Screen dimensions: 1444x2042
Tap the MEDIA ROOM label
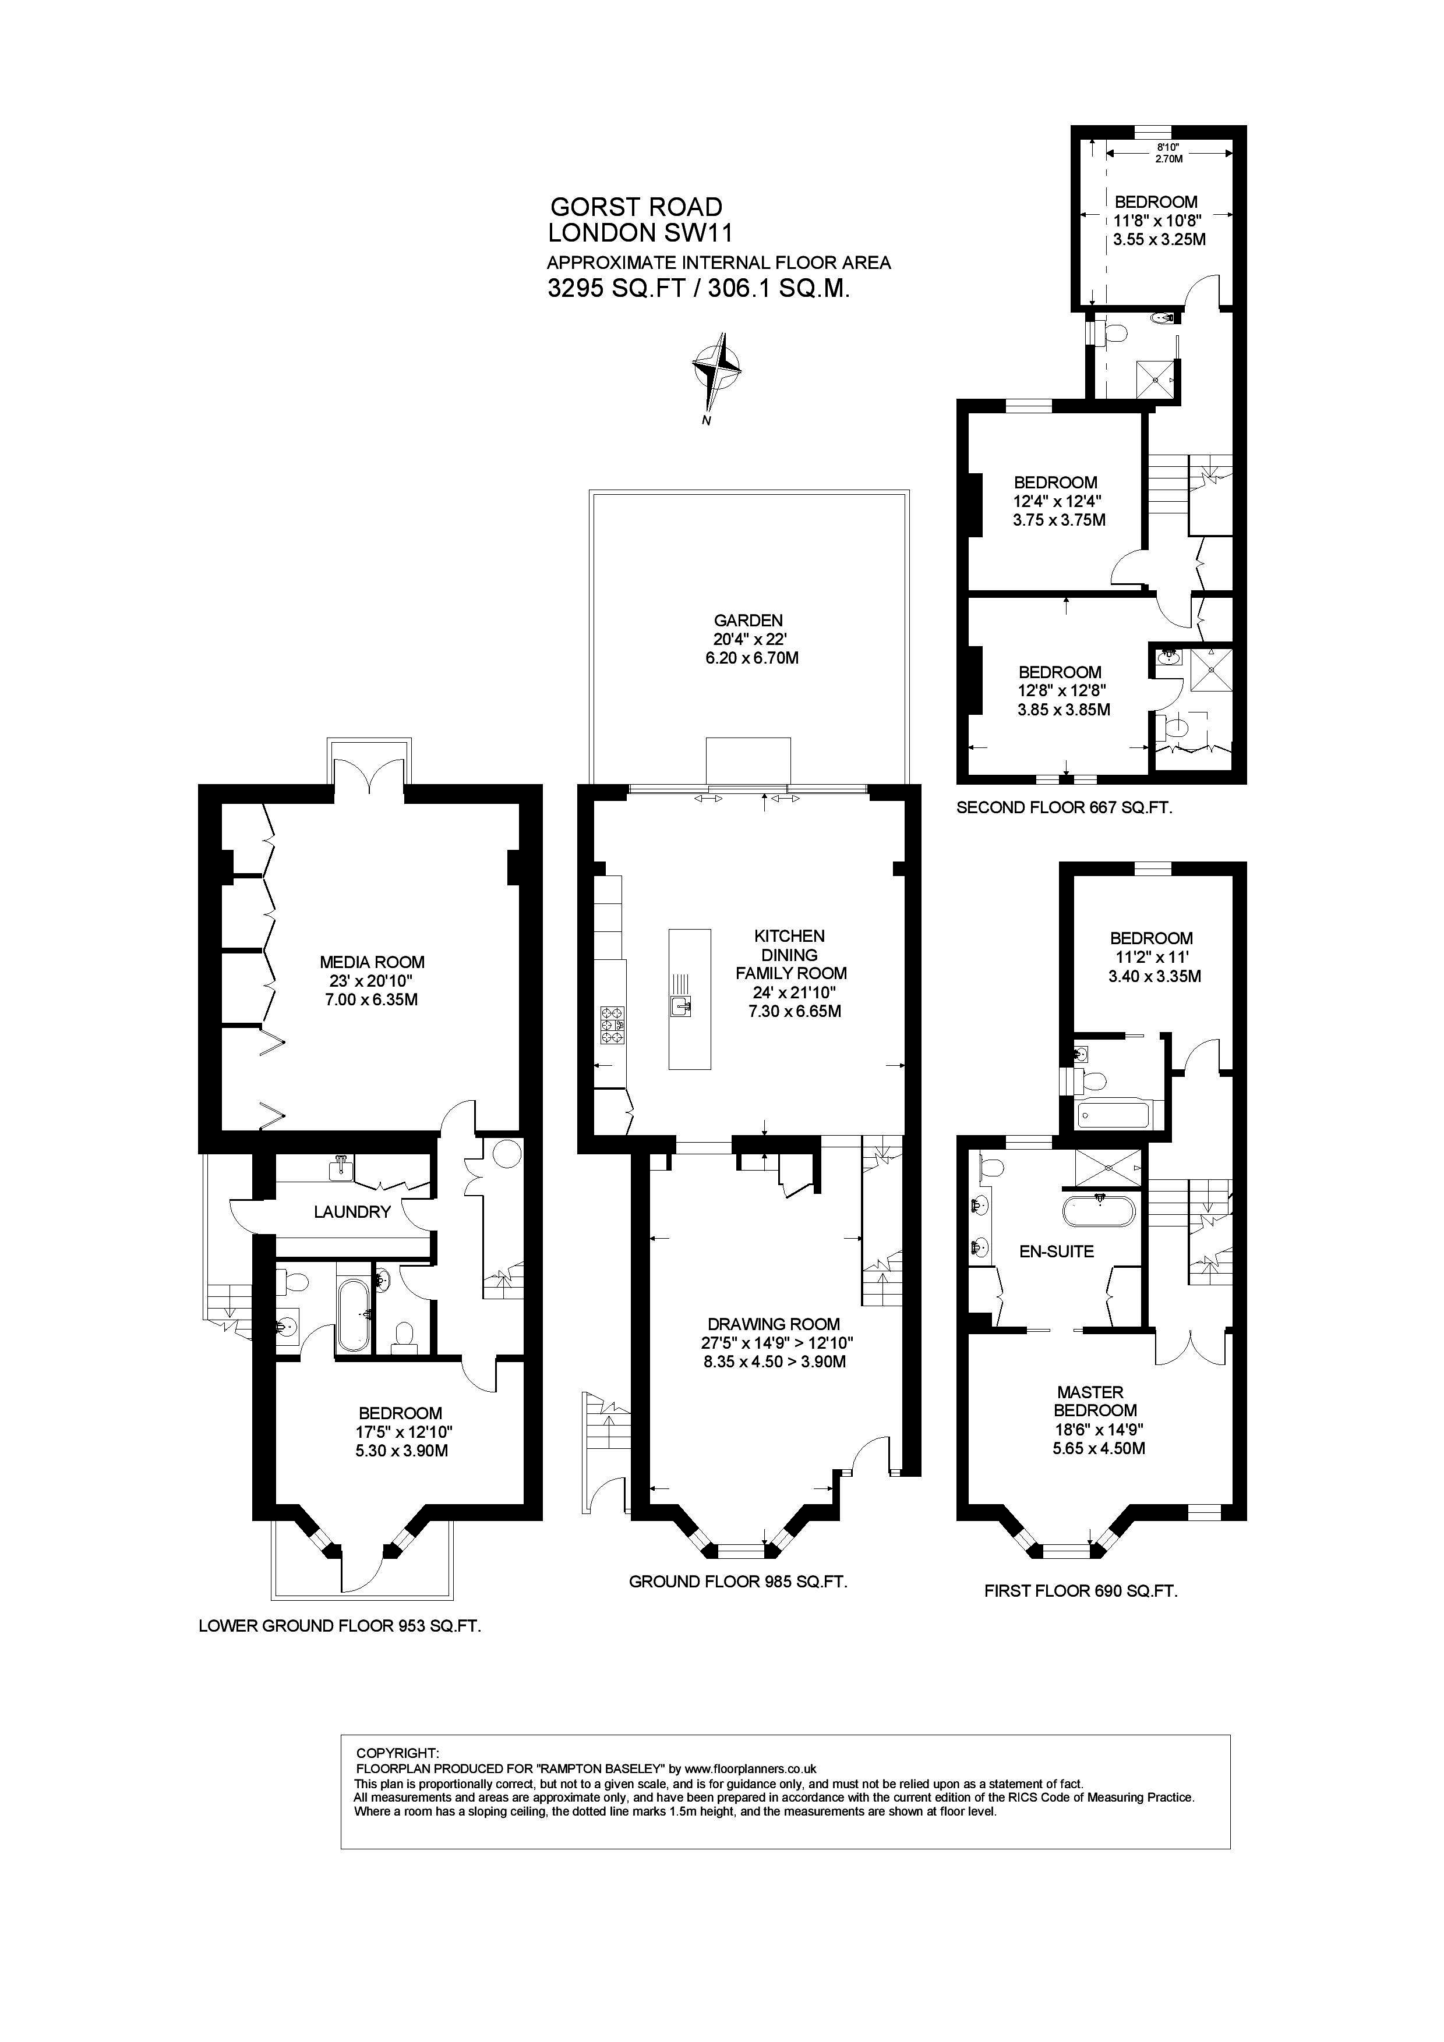(x=372, y=962)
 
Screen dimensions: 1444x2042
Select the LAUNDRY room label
(x=352, y=1211)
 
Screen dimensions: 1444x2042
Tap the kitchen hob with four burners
(x=613, y=1024)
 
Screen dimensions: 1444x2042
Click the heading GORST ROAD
(x=636, y=207)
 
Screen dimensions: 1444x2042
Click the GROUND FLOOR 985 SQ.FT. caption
(x=737, y=1582)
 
